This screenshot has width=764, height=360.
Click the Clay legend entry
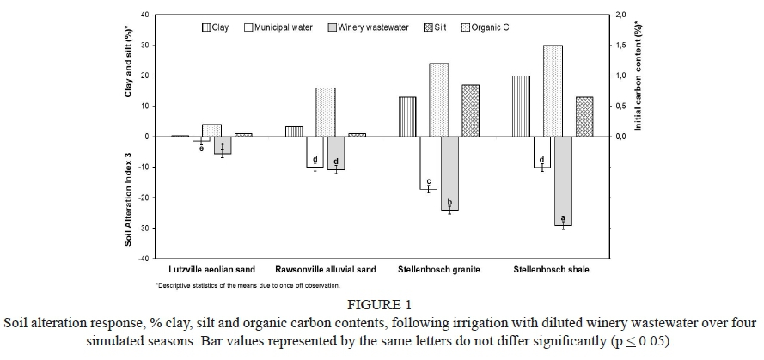coord(215,27)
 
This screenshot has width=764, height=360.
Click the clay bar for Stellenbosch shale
coord(521,106)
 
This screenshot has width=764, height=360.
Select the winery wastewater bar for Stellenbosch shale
coord(563,180)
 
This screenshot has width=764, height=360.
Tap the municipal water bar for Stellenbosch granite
coord(428,162)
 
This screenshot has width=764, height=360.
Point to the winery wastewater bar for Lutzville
coord(223,144)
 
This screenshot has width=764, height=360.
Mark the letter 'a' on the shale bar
coord(563,217)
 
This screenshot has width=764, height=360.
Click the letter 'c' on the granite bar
coord(428,180)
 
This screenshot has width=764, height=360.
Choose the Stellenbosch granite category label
coord(438,270)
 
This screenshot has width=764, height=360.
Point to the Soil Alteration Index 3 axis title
coord(127,198)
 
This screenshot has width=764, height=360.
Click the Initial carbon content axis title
coord(639,75)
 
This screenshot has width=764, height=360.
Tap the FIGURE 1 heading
coord(382,303)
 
